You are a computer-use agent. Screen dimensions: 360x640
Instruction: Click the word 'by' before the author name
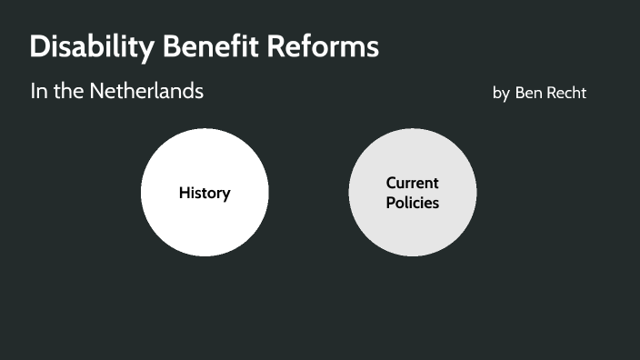[x=501, y=94]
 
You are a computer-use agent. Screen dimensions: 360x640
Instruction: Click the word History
[x=205, y=193]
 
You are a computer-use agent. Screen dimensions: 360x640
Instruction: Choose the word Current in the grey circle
[x=412, y=183]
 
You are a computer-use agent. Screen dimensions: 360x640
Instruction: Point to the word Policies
[x=412, y=203]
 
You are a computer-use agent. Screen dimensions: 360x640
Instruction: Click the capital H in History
[x=185, y=193]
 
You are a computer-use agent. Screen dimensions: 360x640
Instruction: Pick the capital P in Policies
[x=391, y=203]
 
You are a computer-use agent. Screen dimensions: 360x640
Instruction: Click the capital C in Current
[x=391, y=183]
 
